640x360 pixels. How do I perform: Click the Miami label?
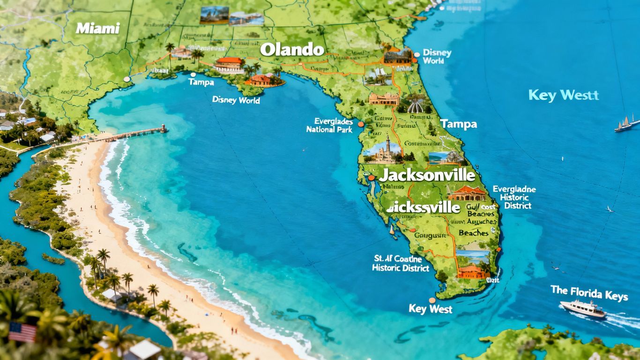(x=97, y=28)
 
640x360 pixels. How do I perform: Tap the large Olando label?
(x=292, y=49)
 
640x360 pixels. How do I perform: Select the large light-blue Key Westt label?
(x=564, y=95)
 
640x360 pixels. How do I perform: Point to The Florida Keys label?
(x=589, y=293)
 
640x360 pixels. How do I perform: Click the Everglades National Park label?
(x=329, y=125)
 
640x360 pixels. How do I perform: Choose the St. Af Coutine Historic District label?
(x=400, y=263)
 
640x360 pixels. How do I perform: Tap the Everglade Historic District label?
(x=514, y=197)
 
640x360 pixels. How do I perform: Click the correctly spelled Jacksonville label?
(x=427, y=175)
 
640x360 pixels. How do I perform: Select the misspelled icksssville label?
(x=424, y=207)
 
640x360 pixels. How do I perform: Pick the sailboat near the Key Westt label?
(x=624, y=124)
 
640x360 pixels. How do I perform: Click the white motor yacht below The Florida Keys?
(x=582, y=308)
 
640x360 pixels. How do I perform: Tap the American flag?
(x=22, y=332)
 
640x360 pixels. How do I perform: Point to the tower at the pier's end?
(x=163, y=128)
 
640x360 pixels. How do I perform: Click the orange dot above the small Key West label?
(x=432, y=300)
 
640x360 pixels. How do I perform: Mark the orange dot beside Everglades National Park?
(x=360, y=124)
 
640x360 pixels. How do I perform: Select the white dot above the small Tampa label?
(x=193, y=74)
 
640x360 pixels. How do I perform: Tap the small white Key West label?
(x=431, y=309)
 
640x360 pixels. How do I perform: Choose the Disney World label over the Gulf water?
(x=236, y=100)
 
